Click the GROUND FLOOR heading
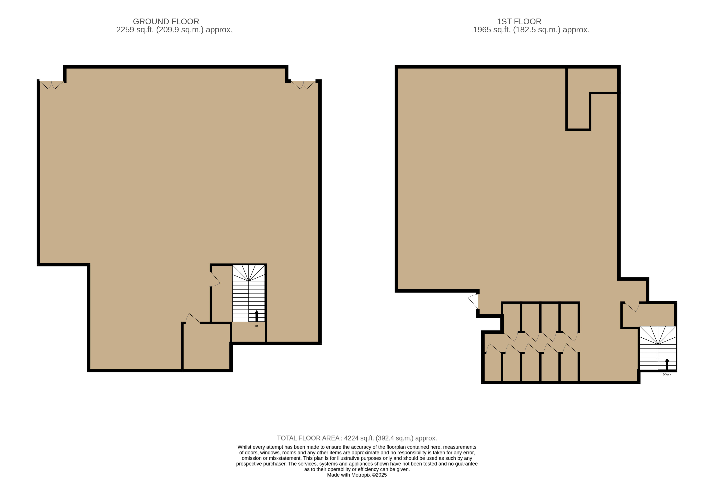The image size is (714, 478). coord(166,22)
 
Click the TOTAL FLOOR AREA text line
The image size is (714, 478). coord(357,438)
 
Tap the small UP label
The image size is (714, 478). coord(257,326)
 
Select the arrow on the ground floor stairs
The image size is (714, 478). coord(257,316)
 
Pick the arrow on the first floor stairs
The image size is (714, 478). coord(667,364)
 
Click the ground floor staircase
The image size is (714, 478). coord(249,293)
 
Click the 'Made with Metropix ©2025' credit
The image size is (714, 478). coord(357,475)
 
